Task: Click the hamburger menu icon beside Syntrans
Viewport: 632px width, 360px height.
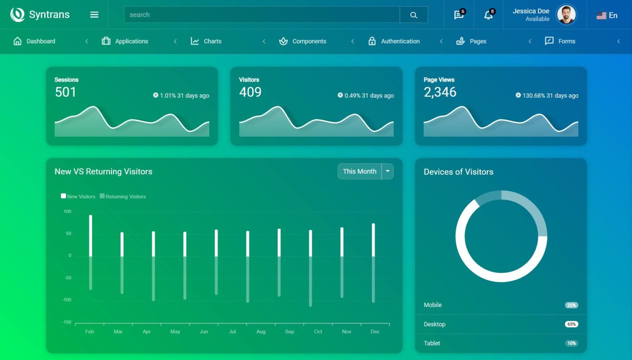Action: pyautogui.click(x=94, y=15)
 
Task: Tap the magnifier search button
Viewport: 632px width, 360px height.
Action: pyautogui.click(x=414, y=15)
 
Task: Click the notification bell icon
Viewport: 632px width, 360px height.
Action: pyautogui.click(x=488, y=15)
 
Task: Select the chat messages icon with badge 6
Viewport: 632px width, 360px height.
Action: pyautogui.click(x=459, y=15)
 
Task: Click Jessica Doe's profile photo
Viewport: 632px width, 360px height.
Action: pyautogui.click(x=566, y=15)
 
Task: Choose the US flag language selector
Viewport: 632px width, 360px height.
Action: pyautogui.click(x=607, y=15)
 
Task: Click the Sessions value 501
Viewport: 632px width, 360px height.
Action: pyautogui.click(x=66, y=92)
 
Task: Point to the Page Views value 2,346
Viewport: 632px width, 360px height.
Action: pyautogui.click(x=440, y=92)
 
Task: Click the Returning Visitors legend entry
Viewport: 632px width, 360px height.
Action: pyautogui.click(x=123, y=196)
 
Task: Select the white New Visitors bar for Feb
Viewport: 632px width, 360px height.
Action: pyautogui.click(x=90, y=236)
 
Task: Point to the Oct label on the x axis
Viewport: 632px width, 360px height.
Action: pyautogui.click(x=318, y=332)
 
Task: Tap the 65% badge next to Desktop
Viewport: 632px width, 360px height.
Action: pyautogui.click(x=571, y=324)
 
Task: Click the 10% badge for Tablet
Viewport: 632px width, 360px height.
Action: pyautogui.click(x=571, y=343)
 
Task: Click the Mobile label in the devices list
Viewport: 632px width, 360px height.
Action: pyautogui.click(x=433, y=305)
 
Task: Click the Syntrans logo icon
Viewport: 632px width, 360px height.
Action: pyautogui.click(x=18, y=15)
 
